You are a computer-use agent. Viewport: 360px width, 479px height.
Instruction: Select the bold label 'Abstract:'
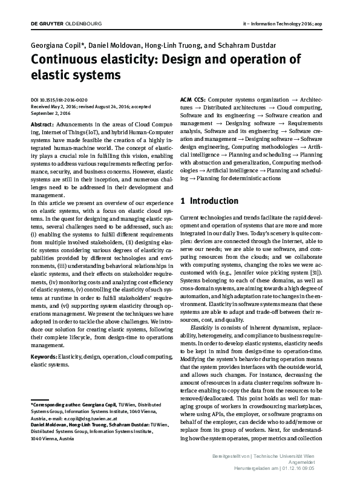[43, 123]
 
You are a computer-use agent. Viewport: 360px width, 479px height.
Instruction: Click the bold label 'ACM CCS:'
[194, 99]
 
